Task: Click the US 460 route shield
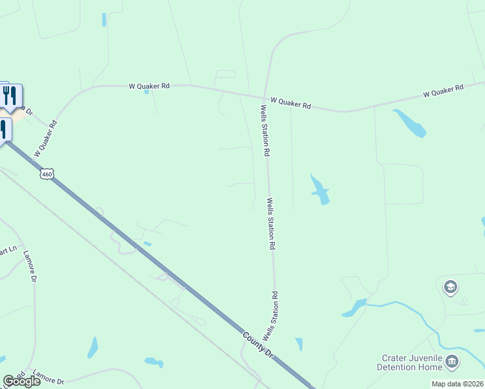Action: click(x=46, y=174)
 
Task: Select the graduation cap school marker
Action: click(x=450, y=287)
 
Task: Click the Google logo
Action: click(x=21, y=381)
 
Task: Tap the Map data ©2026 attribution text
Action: click(x=457, y=384)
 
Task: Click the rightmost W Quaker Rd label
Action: click(x=444, y=91)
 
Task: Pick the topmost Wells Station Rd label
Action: click(x=265, y=130)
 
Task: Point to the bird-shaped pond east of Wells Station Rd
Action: click(x=319, y=189)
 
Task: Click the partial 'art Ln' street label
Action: click(x=7, y=250)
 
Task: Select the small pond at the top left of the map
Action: click(x=104, y=19)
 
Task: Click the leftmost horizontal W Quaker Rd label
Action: click(x=149, y=85)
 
